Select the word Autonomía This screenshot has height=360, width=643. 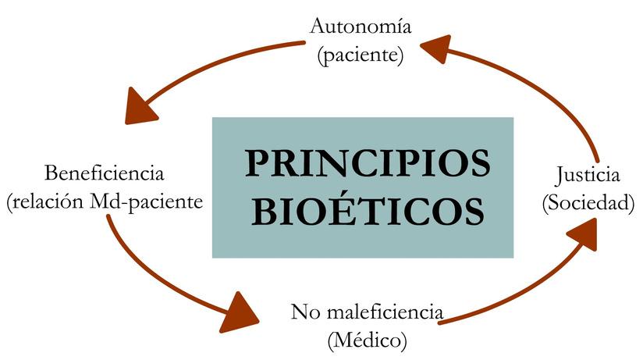[361, 27]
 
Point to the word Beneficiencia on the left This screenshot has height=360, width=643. [104, 173]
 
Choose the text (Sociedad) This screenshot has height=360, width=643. [588, 202]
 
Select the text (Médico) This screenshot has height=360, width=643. [368, 340]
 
